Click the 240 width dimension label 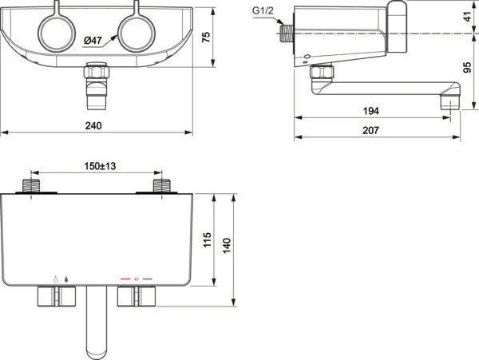point(93,126)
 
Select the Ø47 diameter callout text point(93,40)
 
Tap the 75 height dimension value point(207,37)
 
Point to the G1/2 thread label point(263,10)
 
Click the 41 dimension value point(467,17)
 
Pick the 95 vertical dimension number point(467,68)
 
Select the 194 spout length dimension point(371,111)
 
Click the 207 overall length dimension point(370,131)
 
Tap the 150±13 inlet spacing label point(101,166)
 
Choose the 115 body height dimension point(207,240)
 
